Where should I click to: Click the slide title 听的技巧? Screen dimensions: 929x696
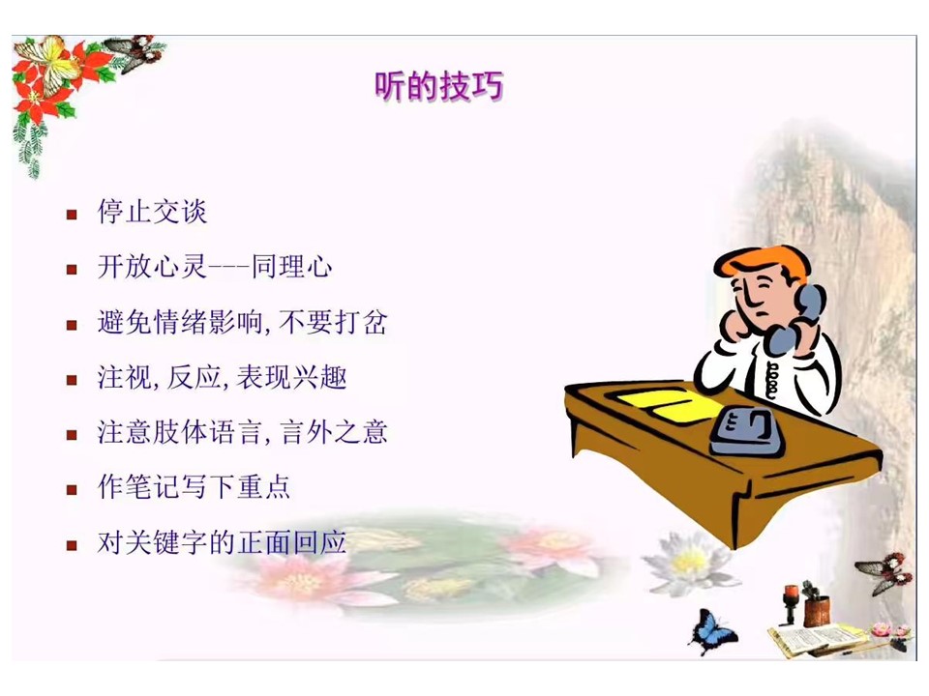439,86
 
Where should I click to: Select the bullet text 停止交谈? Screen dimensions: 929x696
152,212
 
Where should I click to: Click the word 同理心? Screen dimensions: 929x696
291,267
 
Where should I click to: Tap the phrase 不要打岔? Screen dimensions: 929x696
333,323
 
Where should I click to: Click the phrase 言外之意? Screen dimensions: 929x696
334,432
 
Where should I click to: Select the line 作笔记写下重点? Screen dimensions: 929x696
194,487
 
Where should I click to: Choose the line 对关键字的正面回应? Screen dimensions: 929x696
223,542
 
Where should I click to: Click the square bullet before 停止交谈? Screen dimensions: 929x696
72,215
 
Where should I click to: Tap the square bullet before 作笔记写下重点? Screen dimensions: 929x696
72,489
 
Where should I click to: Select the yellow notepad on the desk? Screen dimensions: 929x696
669,405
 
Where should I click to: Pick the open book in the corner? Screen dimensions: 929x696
815,640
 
